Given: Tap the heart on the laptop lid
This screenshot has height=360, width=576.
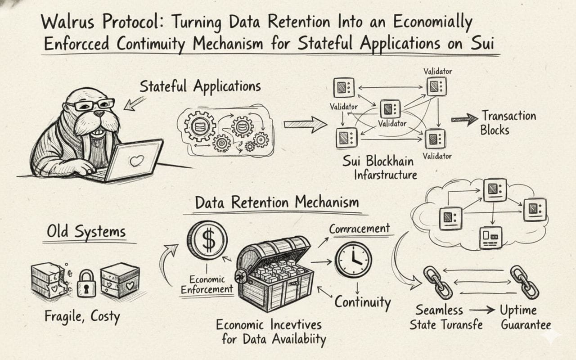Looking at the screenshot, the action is pyautogui.click(x=136, y=161).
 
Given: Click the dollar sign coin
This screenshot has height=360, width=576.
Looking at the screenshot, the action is pyautogui.click(x=207, y=240).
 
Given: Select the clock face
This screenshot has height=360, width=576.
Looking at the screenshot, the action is pyautogui.click(x=353, y=260).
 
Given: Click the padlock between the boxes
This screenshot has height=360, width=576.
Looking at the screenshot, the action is pyautogui.click(x=86, y=283).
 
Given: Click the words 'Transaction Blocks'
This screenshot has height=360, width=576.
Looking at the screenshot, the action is pyautogui.click(x=508, y=123).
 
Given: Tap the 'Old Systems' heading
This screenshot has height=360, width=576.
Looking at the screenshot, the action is pyautogui.click(x=86, y=231).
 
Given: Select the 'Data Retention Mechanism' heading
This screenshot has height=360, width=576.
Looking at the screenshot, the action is pyautogui.click(x=277, y=202).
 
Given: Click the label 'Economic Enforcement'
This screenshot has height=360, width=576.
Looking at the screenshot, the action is pyautogui.click(x=207, y=284).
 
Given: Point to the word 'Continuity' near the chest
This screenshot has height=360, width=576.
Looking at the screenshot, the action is pyautogui.click(x=363, y=302).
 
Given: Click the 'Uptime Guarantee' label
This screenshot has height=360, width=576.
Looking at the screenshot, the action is pyautogui.click(x=526, y=318).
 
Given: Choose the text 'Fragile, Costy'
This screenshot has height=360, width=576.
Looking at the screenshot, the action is pyautogui.click(x=82, y=316).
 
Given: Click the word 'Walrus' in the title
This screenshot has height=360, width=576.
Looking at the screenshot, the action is pyautogui.click(x=67, y=22).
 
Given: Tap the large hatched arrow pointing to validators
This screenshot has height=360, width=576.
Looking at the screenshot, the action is pyautogui.click(x=306, y=125).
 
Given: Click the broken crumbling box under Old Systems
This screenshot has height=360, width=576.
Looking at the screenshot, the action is pyautogui.click(x=48, y=281).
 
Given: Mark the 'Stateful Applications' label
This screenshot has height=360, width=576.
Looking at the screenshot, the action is pyautogui.click(x=200, y=86).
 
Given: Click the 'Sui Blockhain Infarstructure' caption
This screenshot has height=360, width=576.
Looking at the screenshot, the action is pyautogui.click(x=380, y=168).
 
